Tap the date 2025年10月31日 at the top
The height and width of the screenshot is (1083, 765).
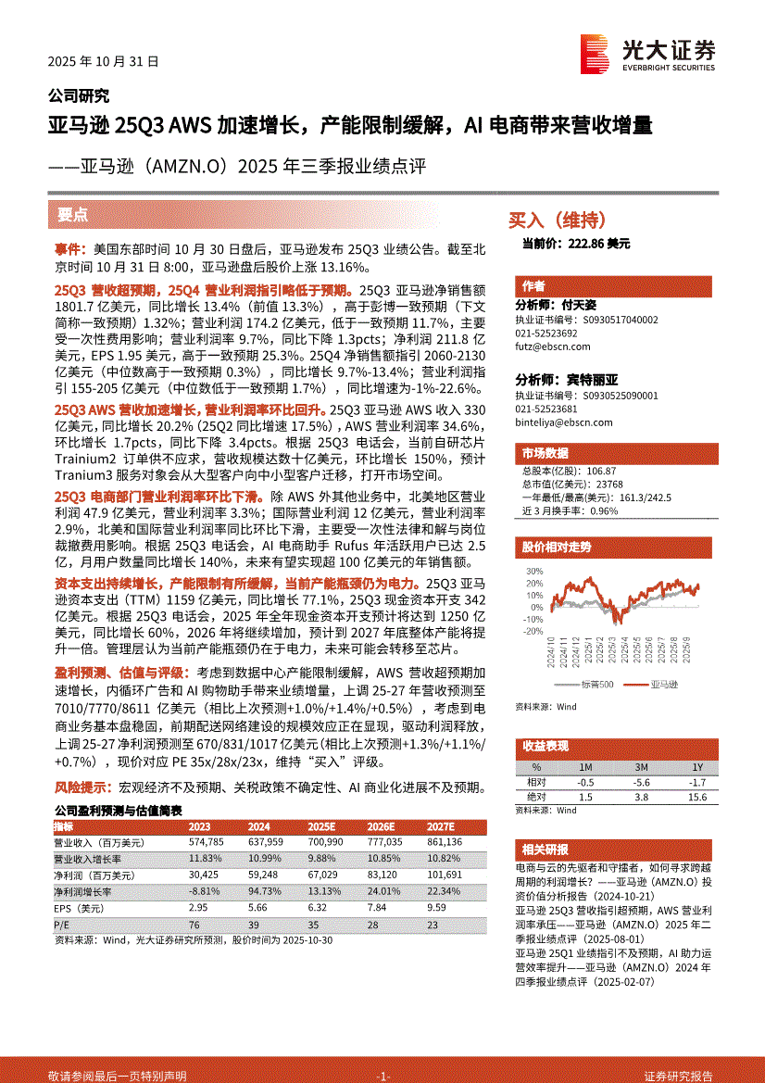coord(103,62)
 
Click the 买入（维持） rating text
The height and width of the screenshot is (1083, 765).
coord(558,220)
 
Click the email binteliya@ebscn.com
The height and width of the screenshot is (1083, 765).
coord(563,422)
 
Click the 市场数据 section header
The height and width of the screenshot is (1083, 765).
coord(545,454)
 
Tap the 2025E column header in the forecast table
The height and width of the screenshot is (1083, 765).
coord(321,826)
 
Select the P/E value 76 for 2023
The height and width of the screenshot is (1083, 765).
coord(194,925)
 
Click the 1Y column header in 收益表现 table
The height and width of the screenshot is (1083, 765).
coord(697,767)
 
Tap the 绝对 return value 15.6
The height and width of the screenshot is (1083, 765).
coord(697,797)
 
